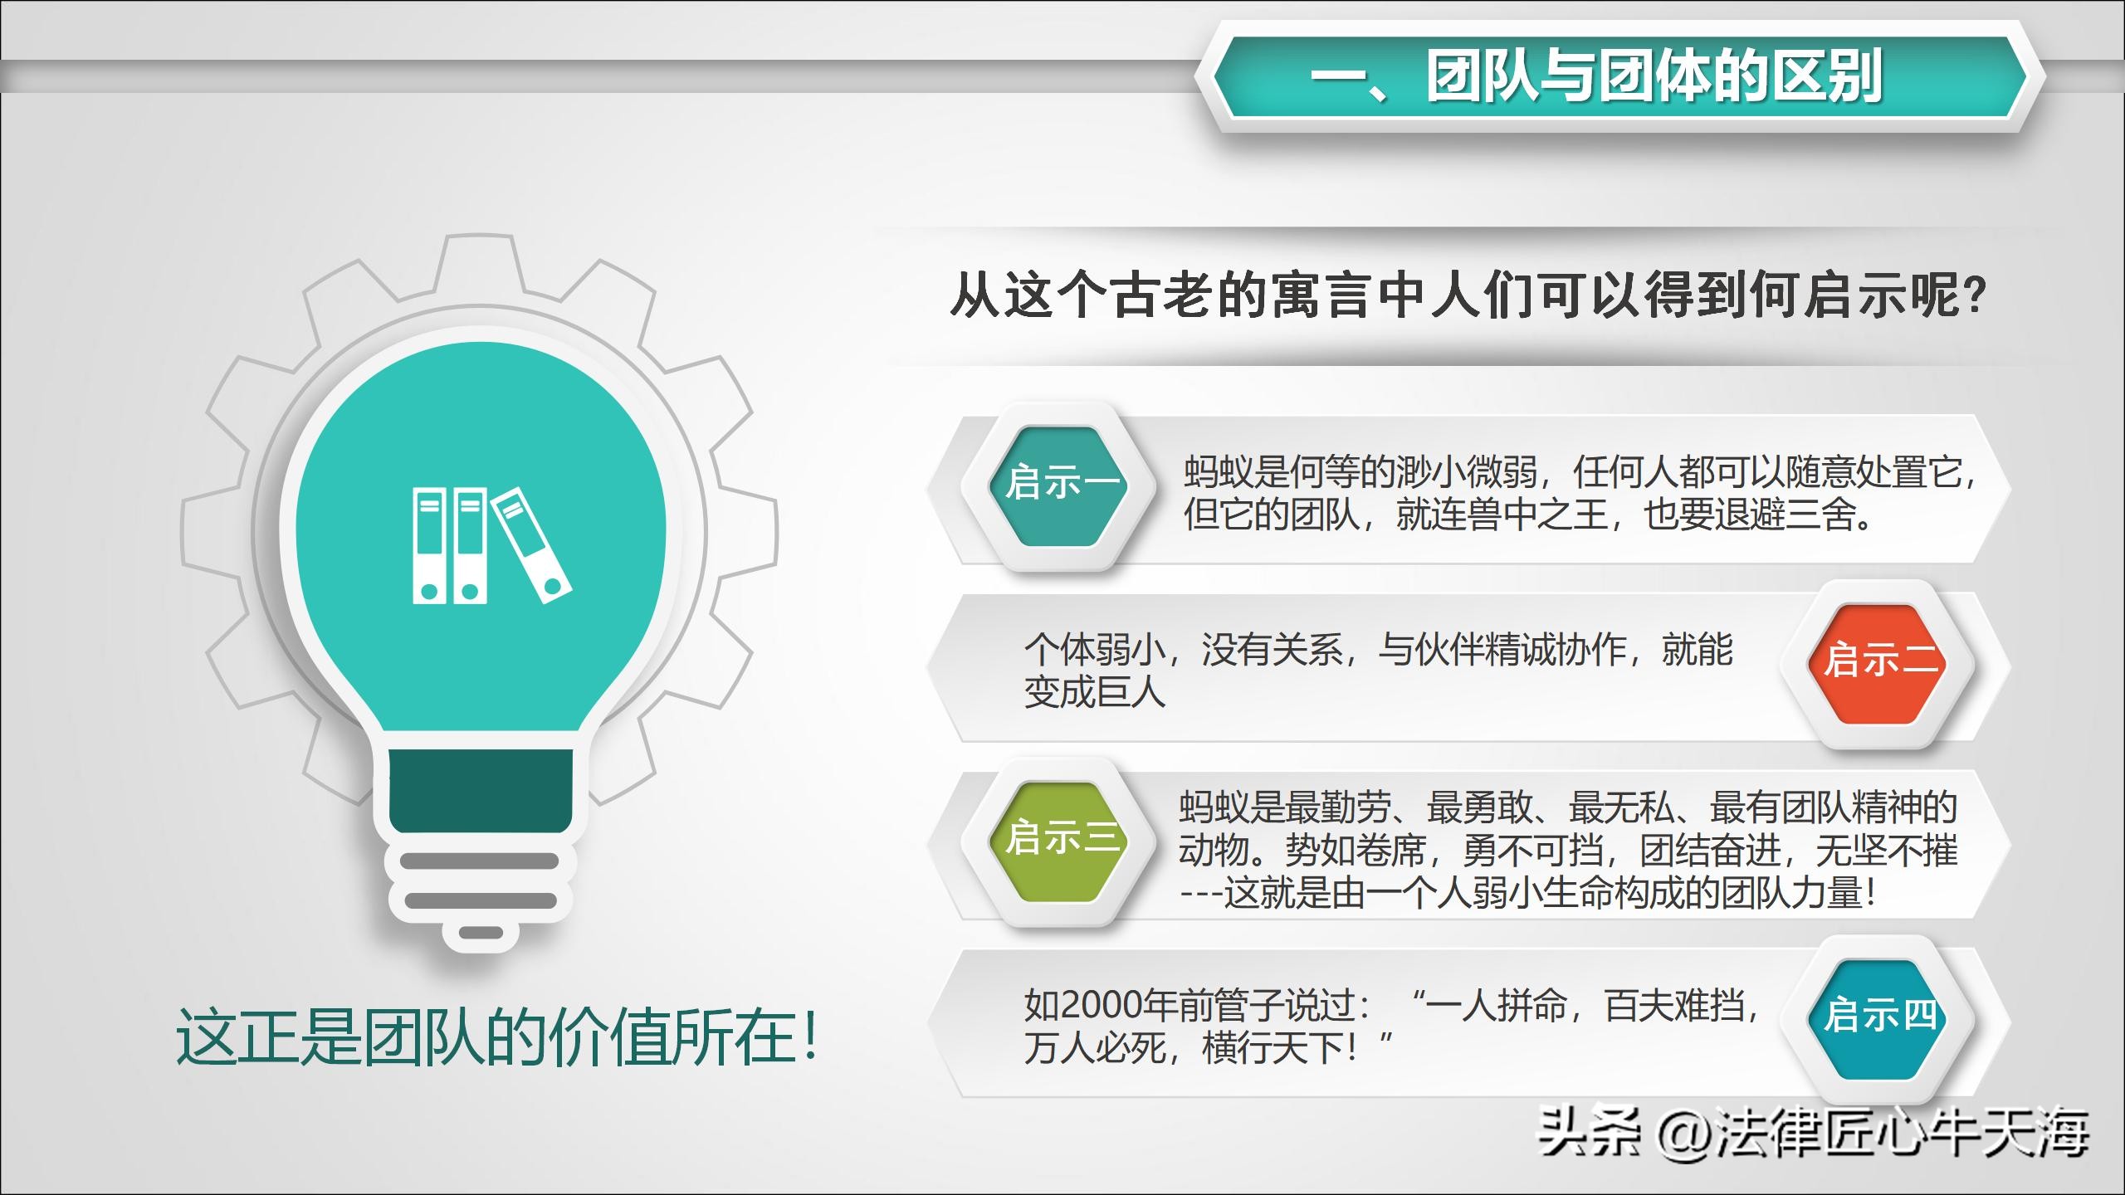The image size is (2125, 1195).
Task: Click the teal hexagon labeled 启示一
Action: [1059, 485]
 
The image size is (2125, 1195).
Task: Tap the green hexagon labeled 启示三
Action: [1059, 840]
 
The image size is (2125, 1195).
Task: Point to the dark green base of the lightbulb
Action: [481, 790]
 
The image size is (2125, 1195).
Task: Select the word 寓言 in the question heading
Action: [1320, 296]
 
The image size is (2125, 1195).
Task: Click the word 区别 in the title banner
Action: [1829, 76]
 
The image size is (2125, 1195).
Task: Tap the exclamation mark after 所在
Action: [809, 1037]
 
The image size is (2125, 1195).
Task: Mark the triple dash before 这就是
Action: [1200, 895]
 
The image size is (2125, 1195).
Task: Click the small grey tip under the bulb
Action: [481, 933]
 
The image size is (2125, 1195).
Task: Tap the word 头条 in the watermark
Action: [1589, 1134]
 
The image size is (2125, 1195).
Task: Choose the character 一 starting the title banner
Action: [1340, 76]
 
